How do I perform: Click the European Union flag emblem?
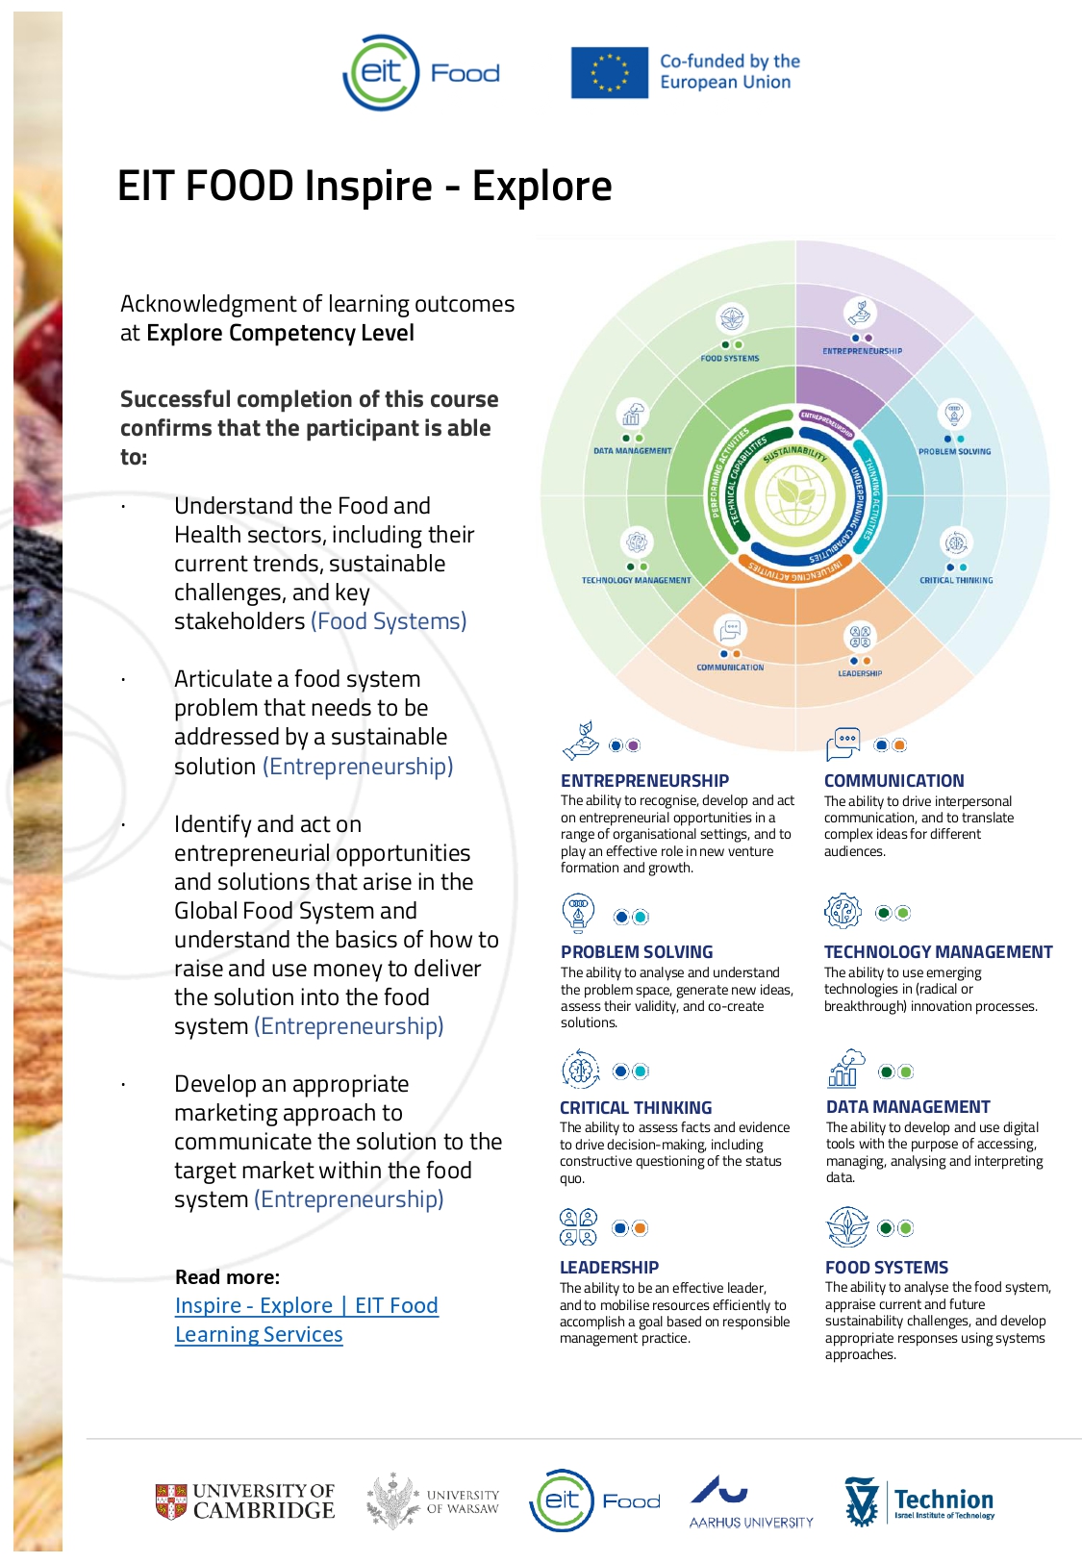609,73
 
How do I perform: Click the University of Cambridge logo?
245,1500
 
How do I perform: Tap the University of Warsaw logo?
433,1500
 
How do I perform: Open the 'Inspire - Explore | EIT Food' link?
306,1305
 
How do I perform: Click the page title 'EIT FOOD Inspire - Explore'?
364,186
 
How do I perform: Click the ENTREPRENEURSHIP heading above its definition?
644,780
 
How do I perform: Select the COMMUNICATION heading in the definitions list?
893,780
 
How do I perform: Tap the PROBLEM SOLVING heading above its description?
637,951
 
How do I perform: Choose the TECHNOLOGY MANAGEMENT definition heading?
938,951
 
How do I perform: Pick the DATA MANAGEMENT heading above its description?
908,1107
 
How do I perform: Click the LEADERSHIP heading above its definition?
609,1267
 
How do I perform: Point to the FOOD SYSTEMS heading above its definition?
886,1267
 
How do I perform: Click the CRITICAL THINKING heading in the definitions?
636,1107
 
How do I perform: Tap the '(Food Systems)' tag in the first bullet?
389,621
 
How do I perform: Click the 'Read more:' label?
227,1276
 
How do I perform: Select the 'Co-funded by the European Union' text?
729,71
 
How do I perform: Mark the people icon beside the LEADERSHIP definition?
578,1226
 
